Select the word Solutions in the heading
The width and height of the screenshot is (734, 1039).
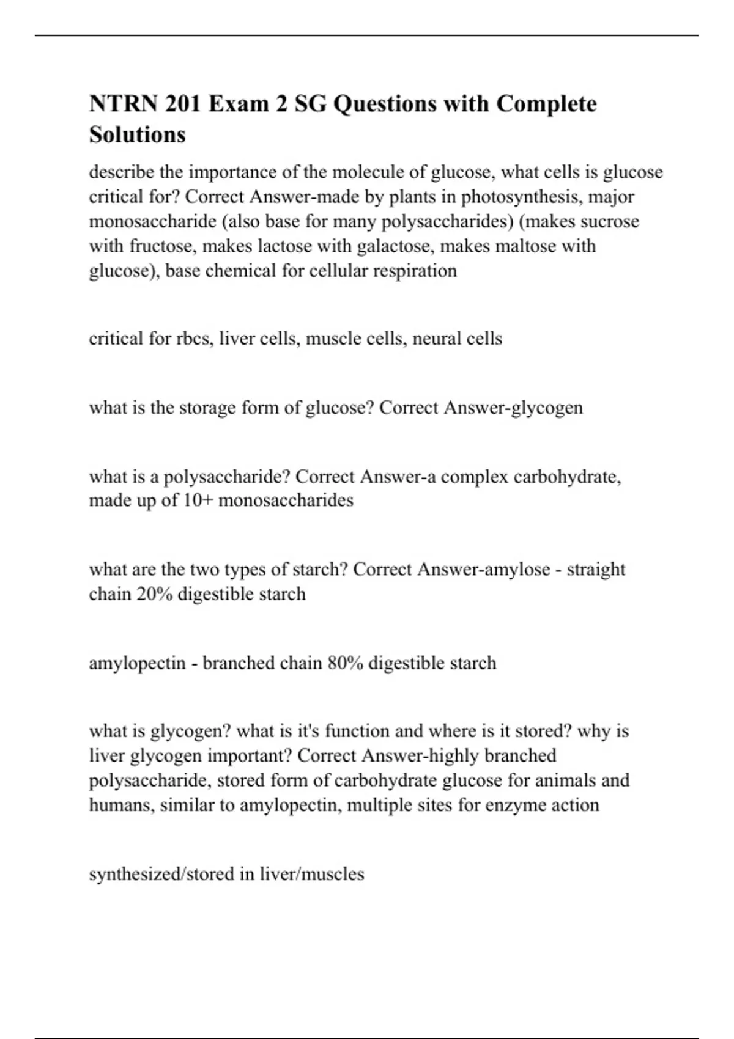(x=138, y=134)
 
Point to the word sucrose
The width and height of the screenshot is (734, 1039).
(x=609, y=221)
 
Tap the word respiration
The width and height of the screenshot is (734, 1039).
(x=418, y=270)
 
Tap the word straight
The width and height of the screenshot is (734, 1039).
(x=596, y=570)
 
